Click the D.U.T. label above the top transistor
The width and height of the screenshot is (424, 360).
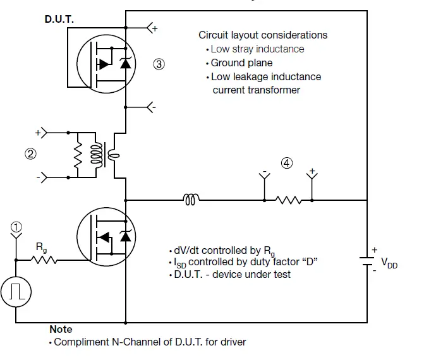(59, 20)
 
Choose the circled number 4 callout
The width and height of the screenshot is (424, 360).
(287, 162)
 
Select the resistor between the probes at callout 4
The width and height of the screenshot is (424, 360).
(288, 200)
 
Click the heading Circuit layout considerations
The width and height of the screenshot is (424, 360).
(263, 35)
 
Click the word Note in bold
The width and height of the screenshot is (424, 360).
(61, 329)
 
